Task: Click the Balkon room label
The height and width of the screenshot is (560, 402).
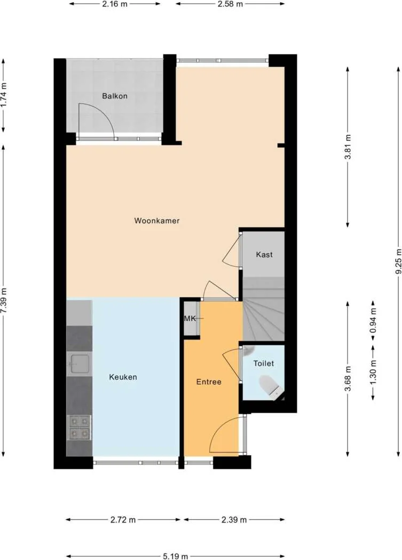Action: click(115, 96)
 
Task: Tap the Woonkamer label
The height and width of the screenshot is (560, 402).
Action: click(156, 221)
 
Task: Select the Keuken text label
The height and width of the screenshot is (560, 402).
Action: click(123, 377)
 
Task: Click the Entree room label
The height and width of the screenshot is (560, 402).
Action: click(208, 382)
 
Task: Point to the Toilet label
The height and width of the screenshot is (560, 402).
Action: click(263, 363)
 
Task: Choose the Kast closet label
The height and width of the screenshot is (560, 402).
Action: click(264, 254)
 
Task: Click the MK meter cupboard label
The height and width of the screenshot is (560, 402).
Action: click(190, 318)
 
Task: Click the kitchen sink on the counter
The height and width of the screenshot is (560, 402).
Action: click(78, 364)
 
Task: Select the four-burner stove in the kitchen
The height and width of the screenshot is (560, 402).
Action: click(78, 427)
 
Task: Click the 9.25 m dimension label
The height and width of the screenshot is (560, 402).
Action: click(397, 261)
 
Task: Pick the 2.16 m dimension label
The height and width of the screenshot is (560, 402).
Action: click(114, 4)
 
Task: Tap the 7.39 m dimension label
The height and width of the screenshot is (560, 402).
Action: click(4, 301)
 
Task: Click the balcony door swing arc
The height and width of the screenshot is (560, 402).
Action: click(96, 120)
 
